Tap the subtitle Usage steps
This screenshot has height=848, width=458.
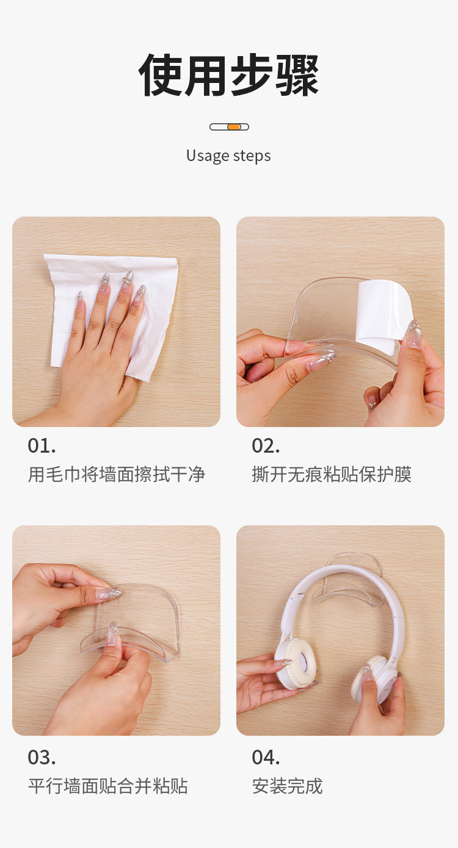[x=228, y=156]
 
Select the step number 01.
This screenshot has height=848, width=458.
[x=42, y=445]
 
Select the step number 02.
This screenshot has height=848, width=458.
[x=266, y=445]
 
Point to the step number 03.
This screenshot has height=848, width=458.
[x=42, y=757]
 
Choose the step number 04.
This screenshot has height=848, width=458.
[x=266, y=757]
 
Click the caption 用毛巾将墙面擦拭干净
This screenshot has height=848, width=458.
[x=116, y=474]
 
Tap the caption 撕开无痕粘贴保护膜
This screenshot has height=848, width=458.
[x=332, y=474]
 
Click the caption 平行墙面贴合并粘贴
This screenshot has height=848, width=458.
[x=107, y=786]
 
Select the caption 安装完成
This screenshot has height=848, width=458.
[x=287, y=786]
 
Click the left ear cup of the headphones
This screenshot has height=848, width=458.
[x=294, y=662]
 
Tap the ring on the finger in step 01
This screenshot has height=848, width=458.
[x=127, y=282]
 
